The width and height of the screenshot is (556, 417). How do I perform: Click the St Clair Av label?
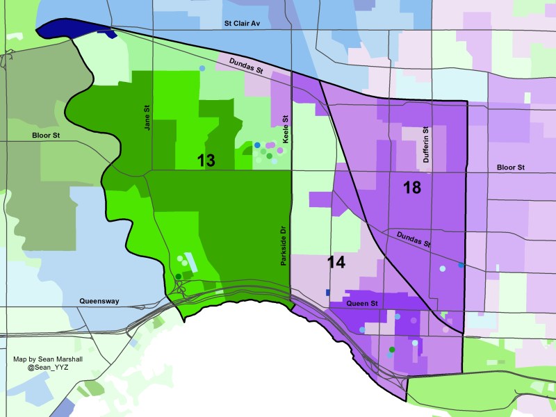(241, 23)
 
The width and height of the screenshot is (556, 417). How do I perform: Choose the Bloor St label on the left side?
(46, 136)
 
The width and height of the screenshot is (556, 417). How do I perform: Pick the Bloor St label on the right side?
(511, 167)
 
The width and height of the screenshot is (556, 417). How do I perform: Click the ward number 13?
(206, 161)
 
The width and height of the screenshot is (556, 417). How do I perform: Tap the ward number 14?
(336, 263)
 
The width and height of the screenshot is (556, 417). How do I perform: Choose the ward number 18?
(412, 187)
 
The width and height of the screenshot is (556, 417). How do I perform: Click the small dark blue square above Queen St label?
(328, 293)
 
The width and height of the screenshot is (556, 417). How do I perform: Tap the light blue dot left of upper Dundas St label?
(202, 68)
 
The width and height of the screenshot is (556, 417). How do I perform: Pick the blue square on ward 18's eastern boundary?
(461, 265)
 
